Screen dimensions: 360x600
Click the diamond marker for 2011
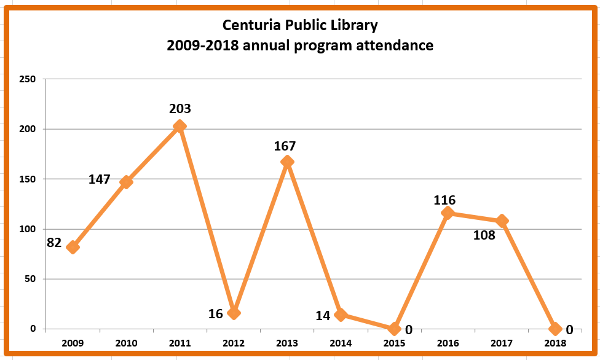[x=180, y=127]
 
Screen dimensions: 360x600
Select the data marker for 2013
[x=286, y=162]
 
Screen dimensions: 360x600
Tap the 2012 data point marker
[x=233, y=313]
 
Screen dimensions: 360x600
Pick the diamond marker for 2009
[x=73, y=247]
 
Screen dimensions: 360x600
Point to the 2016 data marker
[x=447, y=213]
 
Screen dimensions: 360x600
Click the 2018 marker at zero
[x=555, y=329]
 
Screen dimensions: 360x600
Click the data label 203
[x=180, y=109]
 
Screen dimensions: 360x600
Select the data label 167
[x=285, y=146]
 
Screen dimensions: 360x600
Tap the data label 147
[x=99, y=179]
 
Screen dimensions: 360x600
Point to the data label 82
[x=54, y=243]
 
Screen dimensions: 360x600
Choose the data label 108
[x=484, y=235]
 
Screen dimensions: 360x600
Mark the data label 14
[x=323, y=315]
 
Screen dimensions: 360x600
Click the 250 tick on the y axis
[x=28, y=79]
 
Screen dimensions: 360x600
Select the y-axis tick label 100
[x=28, y=229]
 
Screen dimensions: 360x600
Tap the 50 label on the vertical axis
[x=30, y=279]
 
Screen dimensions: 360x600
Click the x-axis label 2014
[x=340, y=343]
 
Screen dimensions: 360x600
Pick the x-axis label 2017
[x=501, y=343]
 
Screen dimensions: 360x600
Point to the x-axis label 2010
[x=126, y=343]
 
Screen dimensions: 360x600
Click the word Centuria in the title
[x=250, y=26]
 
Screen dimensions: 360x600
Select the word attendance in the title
[x=395, y=45]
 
